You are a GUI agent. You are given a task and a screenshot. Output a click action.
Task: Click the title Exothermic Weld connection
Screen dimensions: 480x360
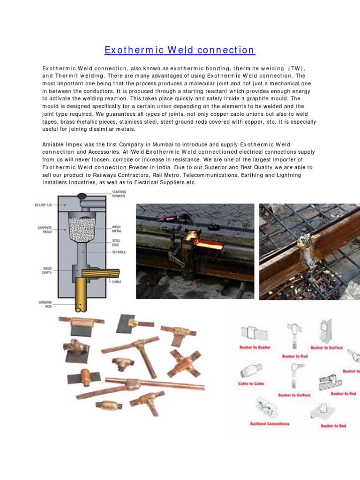pos(180,50)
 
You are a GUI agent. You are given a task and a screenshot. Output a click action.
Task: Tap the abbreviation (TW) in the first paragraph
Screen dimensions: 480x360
pos(296,68)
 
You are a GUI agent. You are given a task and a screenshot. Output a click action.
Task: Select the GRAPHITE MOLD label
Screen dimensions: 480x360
pos(45,229)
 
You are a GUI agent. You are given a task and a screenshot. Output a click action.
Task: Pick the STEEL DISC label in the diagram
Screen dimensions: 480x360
pos(116,242)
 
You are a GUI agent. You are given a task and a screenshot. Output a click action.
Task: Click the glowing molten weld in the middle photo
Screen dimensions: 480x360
pos(191,237)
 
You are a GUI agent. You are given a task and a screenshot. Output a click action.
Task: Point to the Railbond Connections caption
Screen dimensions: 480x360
pos(270,424)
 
